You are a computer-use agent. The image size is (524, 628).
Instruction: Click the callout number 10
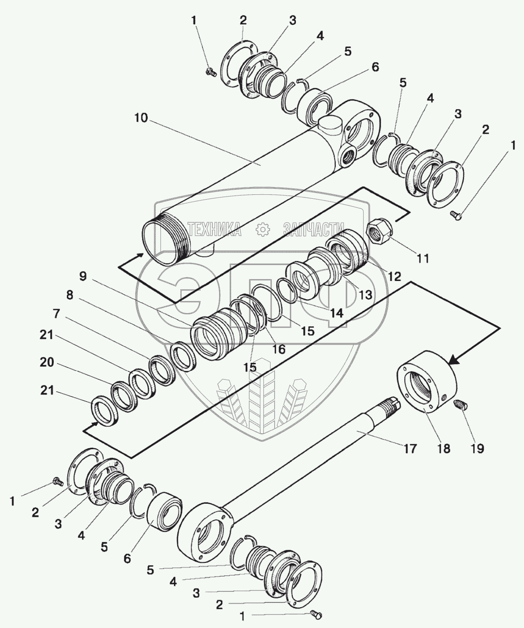[141, 118]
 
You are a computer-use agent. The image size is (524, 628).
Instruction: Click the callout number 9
[83, 277]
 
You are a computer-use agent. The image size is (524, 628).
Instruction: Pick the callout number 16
[279, 349]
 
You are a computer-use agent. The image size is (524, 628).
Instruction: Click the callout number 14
[336, 313]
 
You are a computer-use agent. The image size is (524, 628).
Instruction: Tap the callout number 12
[394, 276]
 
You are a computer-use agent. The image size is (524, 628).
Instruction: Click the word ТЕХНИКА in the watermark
[214, 229]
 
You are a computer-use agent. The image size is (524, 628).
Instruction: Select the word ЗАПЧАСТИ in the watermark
[314, 230]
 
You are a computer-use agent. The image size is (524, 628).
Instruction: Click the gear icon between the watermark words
[262, 230]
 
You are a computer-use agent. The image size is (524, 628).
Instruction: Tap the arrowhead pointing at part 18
[454, 360]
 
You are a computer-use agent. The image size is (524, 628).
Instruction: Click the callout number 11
[423, 258]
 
